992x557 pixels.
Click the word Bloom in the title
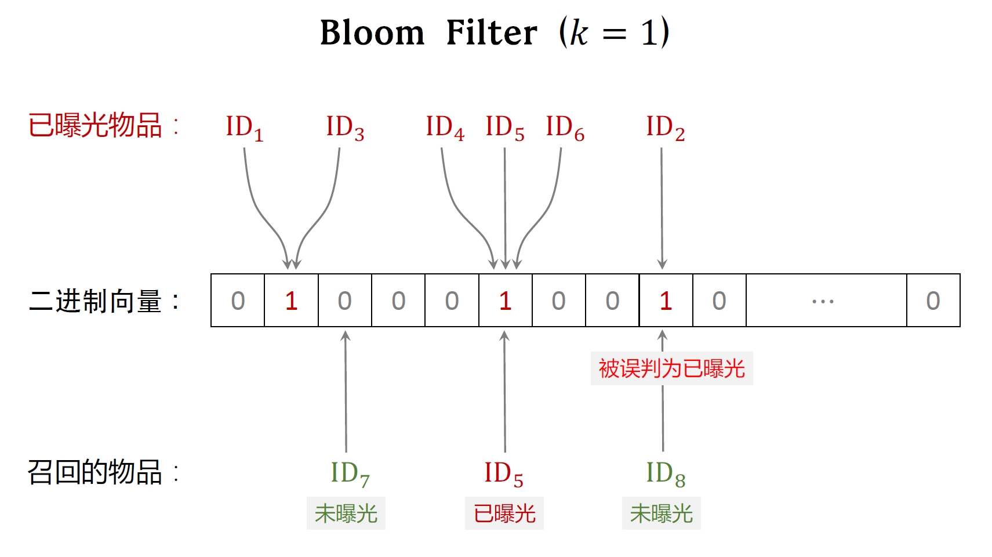(372, 32)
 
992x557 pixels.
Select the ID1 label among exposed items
(245, 128)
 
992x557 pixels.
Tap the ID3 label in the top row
(346, 128)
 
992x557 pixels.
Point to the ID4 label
(445, 128)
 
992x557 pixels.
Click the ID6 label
(565, 128)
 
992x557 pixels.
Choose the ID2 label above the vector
(666, 128)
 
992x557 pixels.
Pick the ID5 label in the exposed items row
(505, 128)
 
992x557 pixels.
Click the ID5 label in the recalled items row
(504, 474)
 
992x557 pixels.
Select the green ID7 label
(350, 474)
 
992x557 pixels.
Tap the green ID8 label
(666, 474)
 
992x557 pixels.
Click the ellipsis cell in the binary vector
(826, 301)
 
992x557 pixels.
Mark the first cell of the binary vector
(238, 301)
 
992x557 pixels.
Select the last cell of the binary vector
(933, 301)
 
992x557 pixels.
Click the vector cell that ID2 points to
(666, 301)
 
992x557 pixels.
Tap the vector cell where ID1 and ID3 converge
(292, 301)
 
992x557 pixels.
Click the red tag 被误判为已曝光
(672, 368)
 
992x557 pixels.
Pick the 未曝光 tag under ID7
(346, 513)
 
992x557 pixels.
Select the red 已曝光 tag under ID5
(504, 513)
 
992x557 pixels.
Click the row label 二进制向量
(95, 301)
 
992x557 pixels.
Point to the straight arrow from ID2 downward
(662, 208)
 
